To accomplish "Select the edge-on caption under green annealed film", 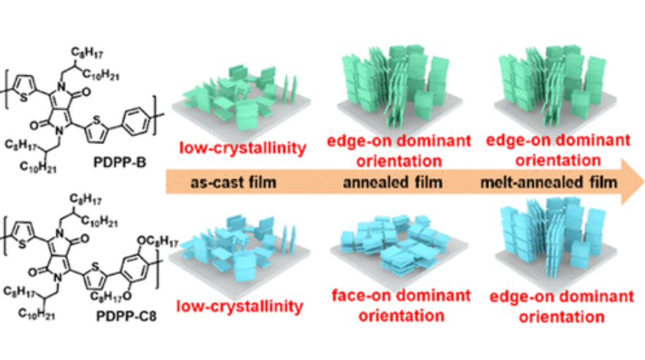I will pyautogui.click(x=399, y=148).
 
